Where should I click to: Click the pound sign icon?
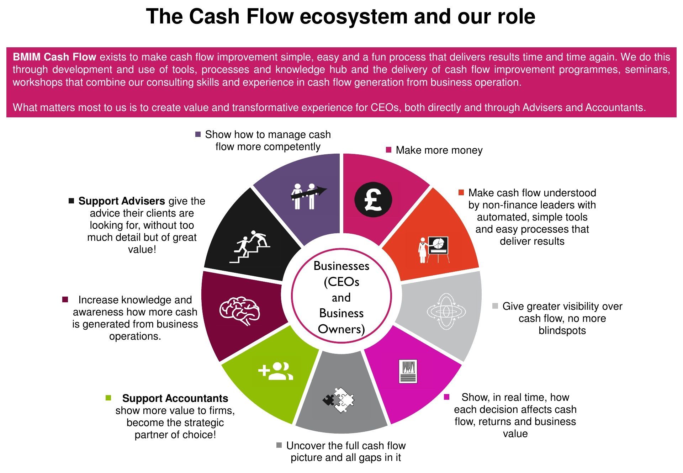[x=373, y=200]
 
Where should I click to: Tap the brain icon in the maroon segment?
[x=239, y=311]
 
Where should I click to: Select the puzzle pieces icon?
[x=339, y=400]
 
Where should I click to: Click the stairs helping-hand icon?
[x=249, y=247]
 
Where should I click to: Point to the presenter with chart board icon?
[x=434, y=249]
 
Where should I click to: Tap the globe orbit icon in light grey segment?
[x=446, y=312]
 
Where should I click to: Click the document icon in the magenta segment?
[x=408, y=371]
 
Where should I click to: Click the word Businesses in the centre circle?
[x=341, y=266]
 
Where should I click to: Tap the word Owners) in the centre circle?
[x=341, y=329]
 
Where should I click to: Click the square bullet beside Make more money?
[x=389, y=150]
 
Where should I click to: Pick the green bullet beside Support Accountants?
[x=108, y=398]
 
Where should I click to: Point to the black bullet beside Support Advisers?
[x=71, y=201]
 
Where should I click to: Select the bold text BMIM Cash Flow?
[x=54, y=57]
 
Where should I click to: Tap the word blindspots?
[x=562, y=330]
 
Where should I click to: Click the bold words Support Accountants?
[x=175, y=398]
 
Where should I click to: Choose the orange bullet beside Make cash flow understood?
[x=461, y=192]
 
